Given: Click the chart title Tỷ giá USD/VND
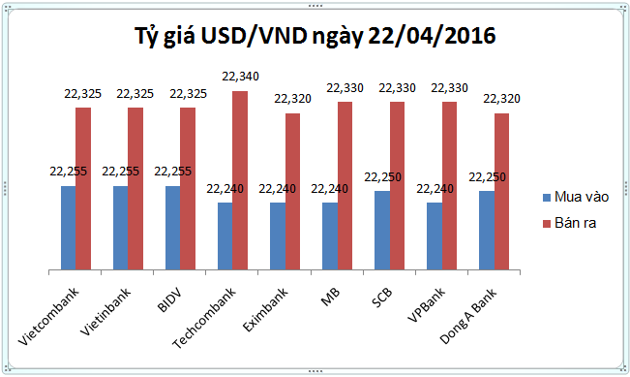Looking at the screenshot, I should (315, 37).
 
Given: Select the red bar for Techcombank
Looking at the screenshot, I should (240, 179).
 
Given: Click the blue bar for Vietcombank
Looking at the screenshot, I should (68, 227).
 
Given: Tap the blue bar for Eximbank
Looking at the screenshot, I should (277, 235).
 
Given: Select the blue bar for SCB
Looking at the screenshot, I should (381, 230).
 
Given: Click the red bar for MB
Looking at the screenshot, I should (345, 184).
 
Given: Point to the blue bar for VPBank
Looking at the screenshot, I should (434, 235).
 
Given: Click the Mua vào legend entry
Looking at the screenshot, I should (581, 198).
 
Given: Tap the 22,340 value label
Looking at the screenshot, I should (240, 77).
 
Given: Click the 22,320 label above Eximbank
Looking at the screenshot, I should (292, 99).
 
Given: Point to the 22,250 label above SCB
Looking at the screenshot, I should (381, 177).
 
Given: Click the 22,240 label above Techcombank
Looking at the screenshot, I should (225, 189).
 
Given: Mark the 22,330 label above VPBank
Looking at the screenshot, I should (449, 87).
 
